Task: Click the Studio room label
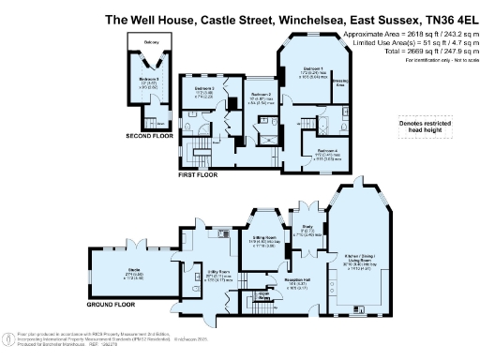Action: [x=121, y=272]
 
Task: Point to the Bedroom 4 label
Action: [x=326, y=150]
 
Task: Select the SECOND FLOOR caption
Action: [x=152, y=137]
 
